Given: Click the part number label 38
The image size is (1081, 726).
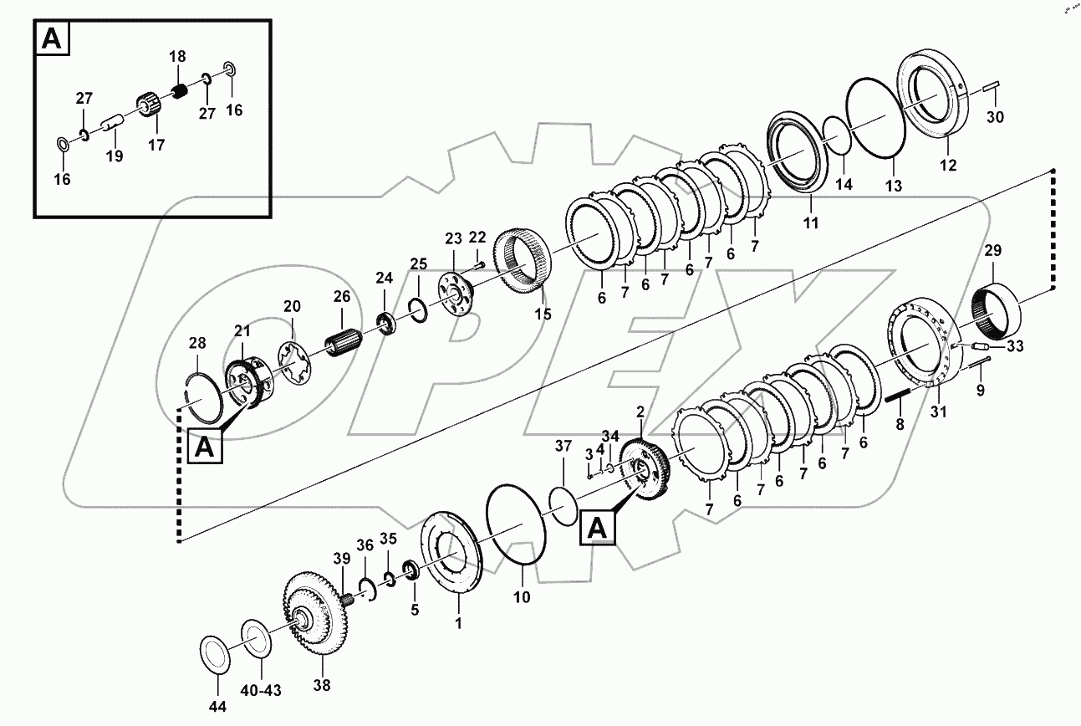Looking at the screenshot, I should pos(322,686).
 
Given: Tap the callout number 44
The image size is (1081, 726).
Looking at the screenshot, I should pos(217,708).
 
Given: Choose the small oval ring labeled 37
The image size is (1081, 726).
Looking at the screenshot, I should pos(563,506).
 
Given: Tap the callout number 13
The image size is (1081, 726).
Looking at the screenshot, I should pos(894,186).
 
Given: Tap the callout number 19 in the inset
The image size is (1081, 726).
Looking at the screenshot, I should pos(114,156).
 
